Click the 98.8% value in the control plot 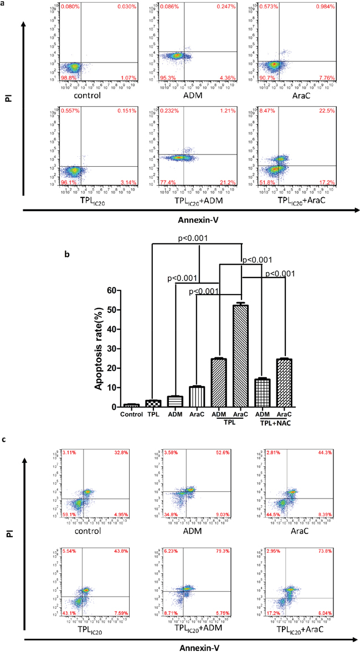click(x=68, y=80)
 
